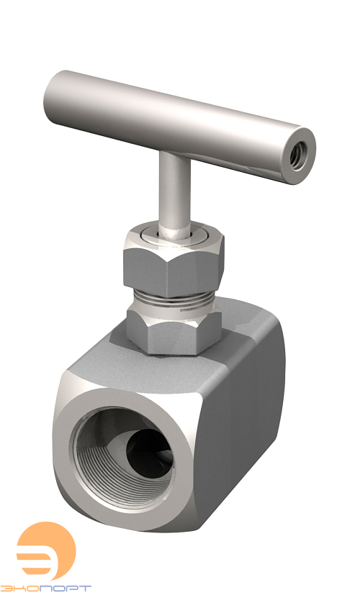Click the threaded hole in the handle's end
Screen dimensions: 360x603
[299, 153]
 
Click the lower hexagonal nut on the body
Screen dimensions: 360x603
[174, 331]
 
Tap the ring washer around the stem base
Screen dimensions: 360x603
[174, 237]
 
